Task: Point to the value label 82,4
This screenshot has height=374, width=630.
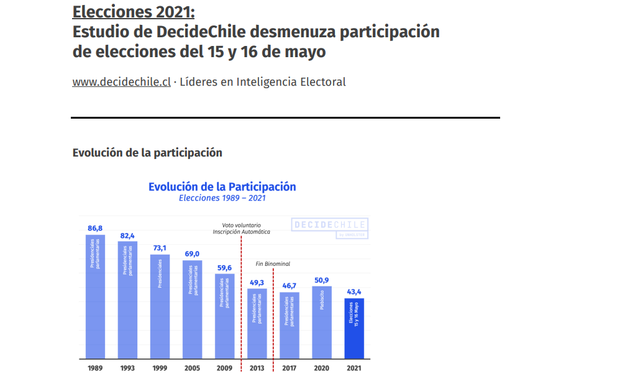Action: [x=127, y=235]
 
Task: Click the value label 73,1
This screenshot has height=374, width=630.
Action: [x=160, y=248]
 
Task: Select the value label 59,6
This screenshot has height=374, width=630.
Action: [x=224, y=268]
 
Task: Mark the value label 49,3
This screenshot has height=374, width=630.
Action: [x=257, y=283]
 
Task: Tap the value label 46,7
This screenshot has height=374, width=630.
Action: [x=290, y=286]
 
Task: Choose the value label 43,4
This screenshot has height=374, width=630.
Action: [x=354, y=291]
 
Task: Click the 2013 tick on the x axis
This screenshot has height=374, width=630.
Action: [x=257, y=368]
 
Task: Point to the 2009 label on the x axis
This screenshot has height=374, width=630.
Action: [x=224, y=368]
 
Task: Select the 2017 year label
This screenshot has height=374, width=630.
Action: [x=290, y=368]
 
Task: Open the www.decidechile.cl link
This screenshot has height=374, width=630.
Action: [x=121, y=82]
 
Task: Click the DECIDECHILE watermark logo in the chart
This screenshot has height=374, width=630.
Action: [x=329, y=225]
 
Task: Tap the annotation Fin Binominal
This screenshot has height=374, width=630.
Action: [x=273, y=264]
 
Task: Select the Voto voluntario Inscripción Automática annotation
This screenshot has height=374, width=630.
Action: [x=241, y=228]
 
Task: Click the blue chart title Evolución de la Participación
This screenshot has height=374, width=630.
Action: [x=222, y=186]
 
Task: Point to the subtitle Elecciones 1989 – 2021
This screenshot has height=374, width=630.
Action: [x=222, y=198]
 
